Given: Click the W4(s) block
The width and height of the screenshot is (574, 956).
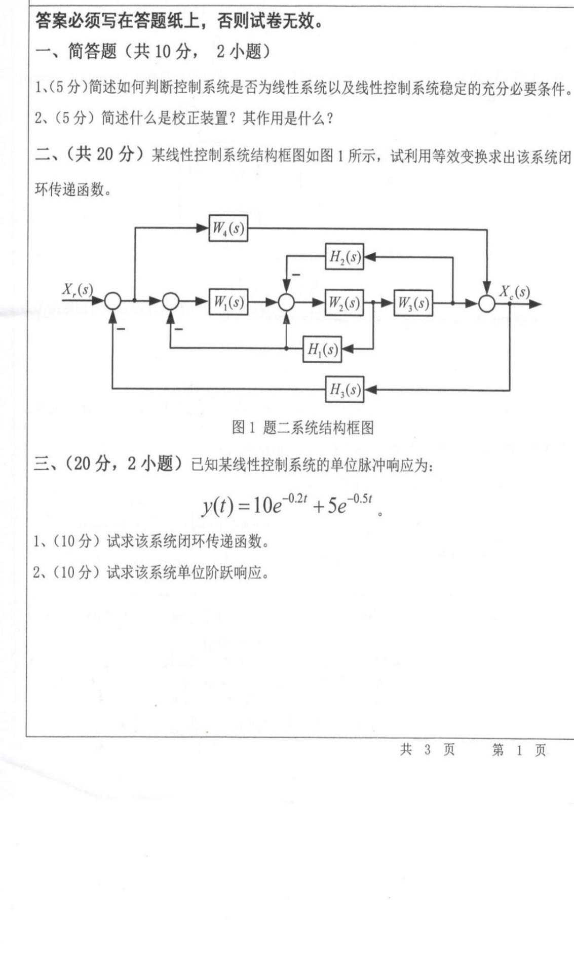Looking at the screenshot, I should point(228,228).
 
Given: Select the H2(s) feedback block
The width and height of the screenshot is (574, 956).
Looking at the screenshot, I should point(345,257).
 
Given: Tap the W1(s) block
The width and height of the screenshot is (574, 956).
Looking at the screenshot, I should point(228,302).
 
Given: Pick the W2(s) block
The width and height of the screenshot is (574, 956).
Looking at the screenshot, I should point(344,303).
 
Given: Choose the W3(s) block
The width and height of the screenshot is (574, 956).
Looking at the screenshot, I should point(413,303).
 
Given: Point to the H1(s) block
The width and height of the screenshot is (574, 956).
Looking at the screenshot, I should point(322,349).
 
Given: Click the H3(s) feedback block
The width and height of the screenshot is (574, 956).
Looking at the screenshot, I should point(345,389).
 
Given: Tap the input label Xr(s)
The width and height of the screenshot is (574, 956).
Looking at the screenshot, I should point(78,290).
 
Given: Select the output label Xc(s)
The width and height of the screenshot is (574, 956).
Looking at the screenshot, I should point(514,292).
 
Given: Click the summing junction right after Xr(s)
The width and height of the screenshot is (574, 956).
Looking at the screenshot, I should point(113,302).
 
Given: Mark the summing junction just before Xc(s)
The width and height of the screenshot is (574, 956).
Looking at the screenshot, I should point(487,303).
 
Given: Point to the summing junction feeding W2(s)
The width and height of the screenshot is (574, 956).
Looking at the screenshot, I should point(286,302).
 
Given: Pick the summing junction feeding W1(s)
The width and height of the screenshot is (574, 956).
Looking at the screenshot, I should point(171,302).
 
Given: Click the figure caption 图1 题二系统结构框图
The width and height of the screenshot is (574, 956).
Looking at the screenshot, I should point(302,428).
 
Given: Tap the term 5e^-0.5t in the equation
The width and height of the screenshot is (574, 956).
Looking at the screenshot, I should point(350,504).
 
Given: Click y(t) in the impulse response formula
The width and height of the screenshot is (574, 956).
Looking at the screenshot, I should point(217,506).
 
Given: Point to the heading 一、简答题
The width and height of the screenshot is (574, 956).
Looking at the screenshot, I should point(76,51).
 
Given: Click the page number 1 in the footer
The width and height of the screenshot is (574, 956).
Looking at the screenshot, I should point(519,750).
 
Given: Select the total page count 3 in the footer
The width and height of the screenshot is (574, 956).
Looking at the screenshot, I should point(427,750).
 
